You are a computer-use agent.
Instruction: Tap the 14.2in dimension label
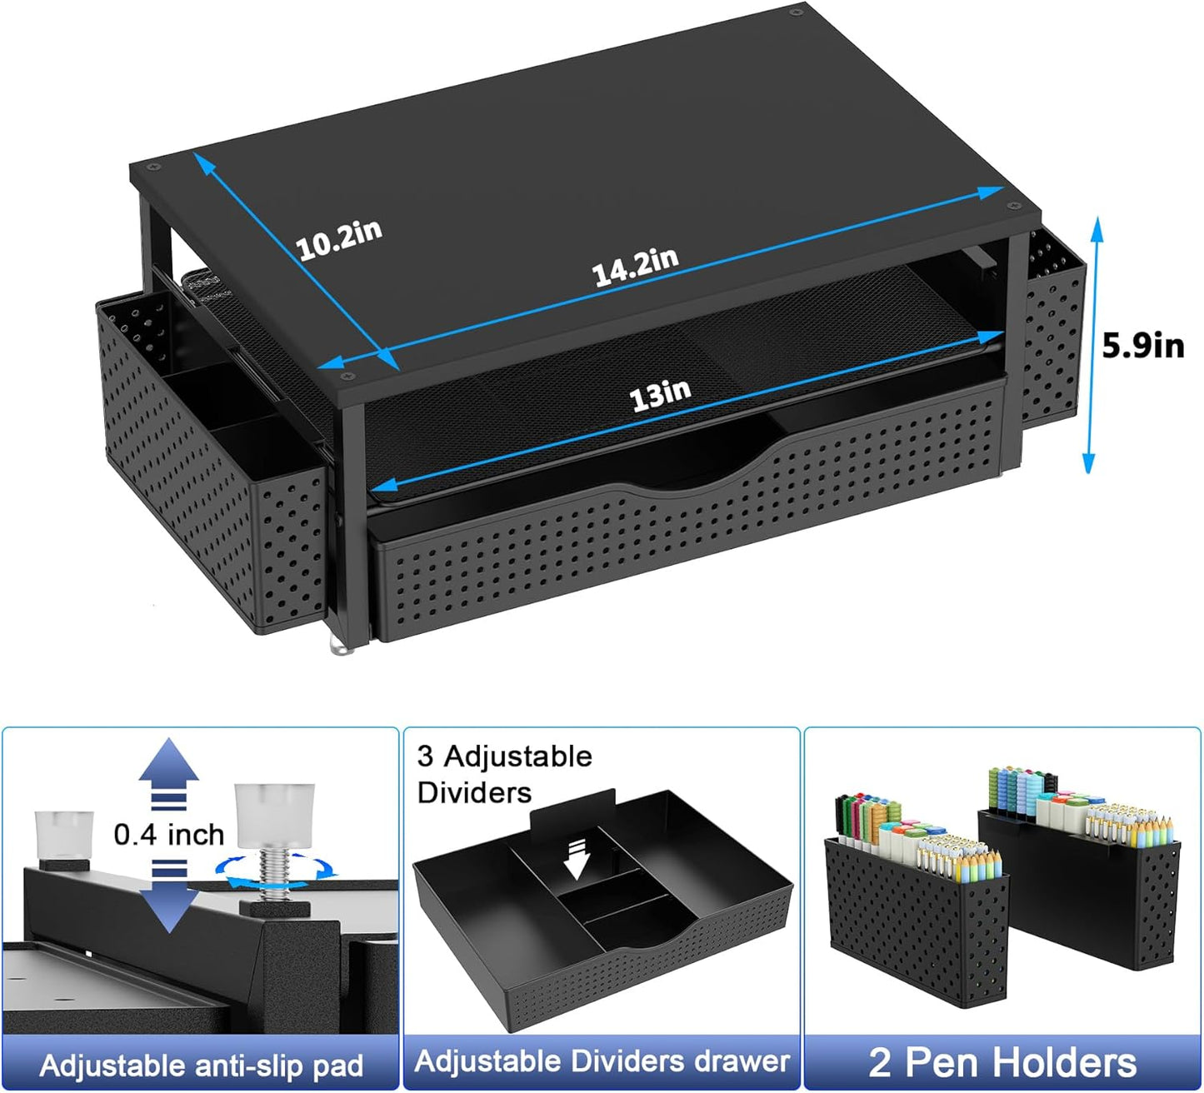(x=636, y=265)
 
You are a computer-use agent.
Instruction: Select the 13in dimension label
(x=660, y=396)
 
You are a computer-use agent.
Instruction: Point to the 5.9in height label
(x=1143, y=345)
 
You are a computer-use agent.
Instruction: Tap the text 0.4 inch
(x=169, y=834)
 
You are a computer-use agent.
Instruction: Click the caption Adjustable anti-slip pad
(x=201, y=1065)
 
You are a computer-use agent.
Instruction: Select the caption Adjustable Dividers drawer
(x=602, y=1061)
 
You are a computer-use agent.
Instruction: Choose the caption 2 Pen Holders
(x=1002, y=1062)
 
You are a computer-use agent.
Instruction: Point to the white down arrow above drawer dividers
(x=577, y=859)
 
